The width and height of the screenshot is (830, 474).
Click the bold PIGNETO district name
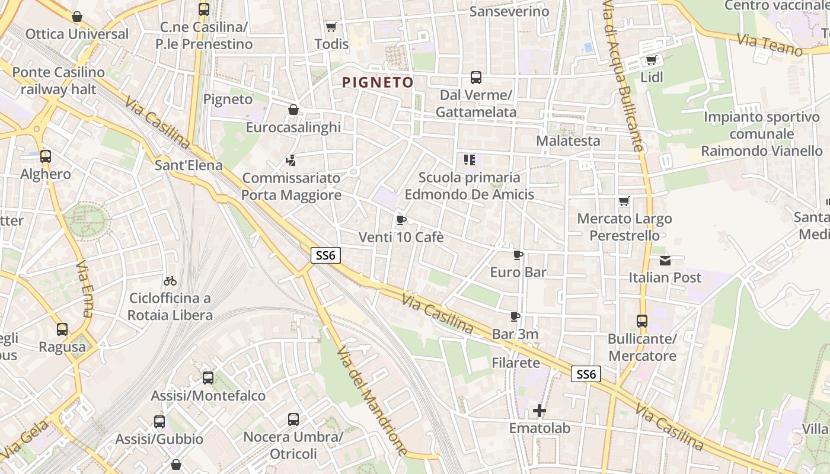coord(378,82)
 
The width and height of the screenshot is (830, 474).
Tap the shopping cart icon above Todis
coord(331,27)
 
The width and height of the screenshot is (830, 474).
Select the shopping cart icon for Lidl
coord(651,60)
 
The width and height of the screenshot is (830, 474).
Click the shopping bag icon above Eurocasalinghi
coord(293,110)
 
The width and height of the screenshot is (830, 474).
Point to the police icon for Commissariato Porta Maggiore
coord(290,159)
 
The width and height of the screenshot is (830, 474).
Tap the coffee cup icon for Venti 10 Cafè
coord(401,220)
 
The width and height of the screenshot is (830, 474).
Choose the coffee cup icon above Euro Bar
coord(518,255)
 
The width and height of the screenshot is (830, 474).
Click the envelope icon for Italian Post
coord(665,260)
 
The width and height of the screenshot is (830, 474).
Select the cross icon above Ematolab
coord(539,410)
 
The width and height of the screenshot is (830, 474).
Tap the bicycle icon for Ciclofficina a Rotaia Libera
coord(170,281)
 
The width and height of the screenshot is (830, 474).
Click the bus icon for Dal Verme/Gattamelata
coord(475,78)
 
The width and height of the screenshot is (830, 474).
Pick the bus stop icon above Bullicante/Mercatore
coord(641,321)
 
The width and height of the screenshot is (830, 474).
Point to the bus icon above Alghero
coord(46,156)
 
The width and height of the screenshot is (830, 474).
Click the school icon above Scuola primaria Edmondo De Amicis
coord(469,159)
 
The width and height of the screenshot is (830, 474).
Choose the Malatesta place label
coord(568,141)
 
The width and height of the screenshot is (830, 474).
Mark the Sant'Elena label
coord(188,165)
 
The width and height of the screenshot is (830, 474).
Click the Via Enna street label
coord(85,289)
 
